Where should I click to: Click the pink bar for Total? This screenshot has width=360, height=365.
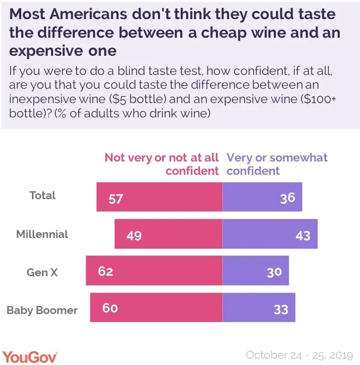point(159,197)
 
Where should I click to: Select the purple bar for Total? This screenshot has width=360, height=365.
point(262,197)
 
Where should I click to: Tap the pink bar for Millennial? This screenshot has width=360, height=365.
point(168,234)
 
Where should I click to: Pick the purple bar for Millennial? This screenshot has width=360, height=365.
point(270,234)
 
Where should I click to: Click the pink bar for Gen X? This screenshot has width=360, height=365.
point(154,270)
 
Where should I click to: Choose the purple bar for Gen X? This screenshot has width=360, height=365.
point(255,270)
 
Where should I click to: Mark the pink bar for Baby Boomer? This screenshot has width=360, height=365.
point(156,307)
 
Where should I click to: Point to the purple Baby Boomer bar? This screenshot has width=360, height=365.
point(258,307)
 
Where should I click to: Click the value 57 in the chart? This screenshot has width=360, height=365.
point(116,199)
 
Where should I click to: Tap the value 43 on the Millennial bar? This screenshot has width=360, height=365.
point(303,235)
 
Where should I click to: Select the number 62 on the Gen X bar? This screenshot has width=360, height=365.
point(106,271)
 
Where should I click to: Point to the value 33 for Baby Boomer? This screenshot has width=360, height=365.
point(281,309)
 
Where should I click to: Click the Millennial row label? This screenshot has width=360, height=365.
point(42,234)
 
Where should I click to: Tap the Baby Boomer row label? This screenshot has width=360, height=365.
point(42,310)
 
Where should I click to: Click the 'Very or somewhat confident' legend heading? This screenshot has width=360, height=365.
point(277,164)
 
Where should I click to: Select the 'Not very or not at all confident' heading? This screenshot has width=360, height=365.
point(162,164)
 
